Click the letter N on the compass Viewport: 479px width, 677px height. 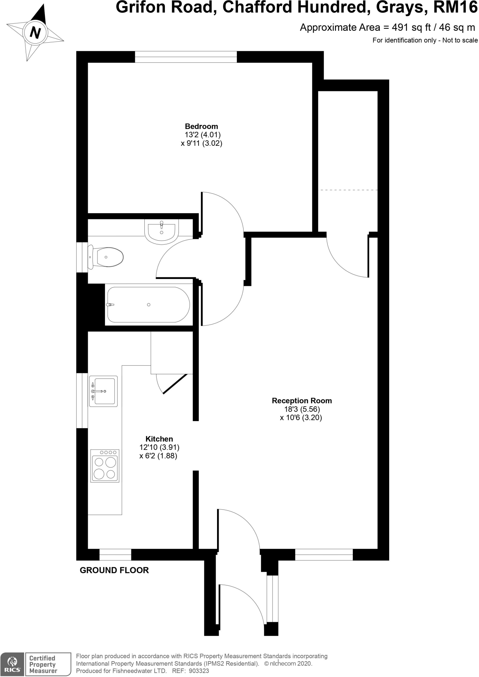35,33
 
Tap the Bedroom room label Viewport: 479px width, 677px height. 201,126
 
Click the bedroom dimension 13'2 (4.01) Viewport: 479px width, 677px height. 202,135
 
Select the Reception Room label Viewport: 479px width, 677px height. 302,401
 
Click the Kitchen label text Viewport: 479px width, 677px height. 159,439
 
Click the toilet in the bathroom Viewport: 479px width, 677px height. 106,257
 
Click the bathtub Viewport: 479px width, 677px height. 148,304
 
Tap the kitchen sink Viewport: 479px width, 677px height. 103,391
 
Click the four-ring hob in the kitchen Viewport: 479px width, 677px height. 105,466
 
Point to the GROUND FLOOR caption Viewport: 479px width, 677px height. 114,570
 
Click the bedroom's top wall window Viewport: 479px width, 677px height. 186,57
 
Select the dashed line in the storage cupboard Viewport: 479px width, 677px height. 348,190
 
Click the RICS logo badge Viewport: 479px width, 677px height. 12,664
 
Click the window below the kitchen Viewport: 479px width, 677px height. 115,555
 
